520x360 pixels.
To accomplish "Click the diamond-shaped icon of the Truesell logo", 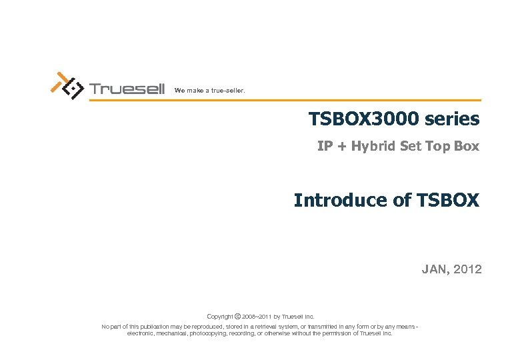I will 72,89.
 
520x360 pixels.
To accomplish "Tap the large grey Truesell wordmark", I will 127,89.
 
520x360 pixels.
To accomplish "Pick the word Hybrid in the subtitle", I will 374,146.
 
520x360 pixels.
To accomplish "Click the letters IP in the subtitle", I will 325,146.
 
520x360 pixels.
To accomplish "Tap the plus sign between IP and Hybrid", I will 341,147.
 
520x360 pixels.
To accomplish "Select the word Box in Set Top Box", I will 466,146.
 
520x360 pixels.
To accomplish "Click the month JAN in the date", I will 433,269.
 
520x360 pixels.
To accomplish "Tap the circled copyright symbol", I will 238,316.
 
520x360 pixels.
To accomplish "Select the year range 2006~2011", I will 257,316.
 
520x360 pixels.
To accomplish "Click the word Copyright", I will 220,316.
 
